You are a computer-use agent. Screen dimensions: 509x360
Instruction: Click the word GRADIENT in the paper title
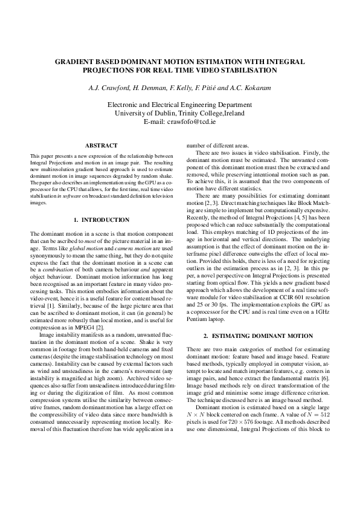click(x=74, y=62)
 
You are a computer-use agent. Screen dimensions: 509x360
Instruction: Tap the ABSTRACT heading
click(x=101, y=145)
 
